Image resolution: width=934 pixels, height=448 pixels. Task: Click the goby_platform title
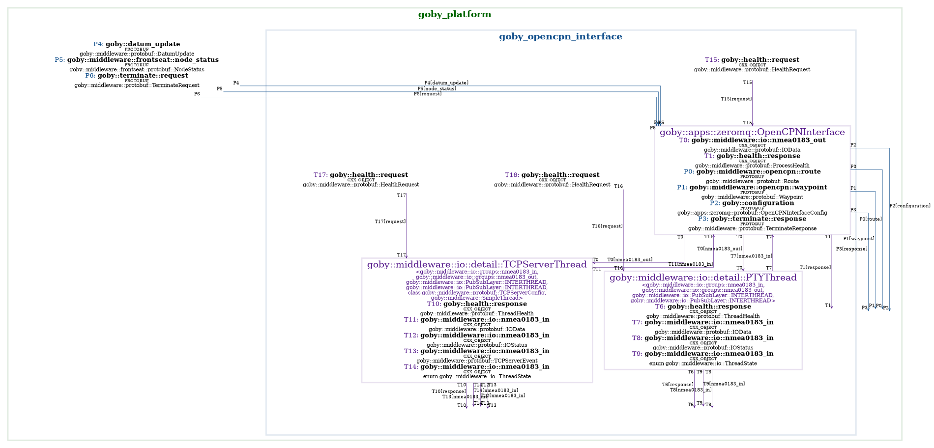[454, 15]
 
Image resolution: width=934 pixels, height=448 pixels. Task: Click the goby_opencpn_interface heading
[560, 37]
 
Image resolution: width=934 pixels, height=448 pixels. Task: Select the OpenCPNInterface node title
[752, 132]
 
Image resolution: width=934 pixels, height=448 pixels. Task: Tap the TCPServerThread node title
[477, 265]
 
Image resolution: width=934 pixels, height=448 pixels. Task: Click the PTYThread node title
[703, 278]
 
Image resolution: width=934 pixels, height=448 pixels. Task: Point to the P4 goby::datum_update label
[137, 44]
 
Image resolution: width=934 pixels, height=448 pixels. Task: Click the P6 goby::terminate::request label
[137, 76]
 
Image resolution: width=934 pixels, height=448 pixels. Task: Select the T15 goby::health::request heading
[752, 60]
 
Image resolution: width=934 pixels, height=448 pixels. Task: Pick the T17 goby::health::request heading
[361, 175]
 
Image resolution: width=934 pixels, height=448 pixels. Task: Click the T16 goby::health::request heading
[552, 175]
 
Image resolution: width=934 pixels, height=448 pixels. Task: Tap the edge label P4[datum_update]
[446, 83]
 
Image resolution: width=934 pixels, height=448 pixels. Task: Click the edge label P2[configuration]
[909, 206]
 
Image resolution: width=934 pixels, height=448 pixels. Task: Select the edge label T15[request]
[736, 99]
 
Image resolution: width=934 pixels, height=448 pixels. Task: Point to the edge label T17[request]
[390, 222]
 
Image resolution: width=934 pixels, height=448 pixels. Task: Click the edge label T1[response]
[815, 267]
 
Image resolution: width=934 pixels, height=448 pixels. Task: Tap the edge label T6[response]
[677, 385]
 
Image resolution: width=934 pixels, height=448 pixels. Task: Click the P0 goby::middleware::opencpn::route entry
[752, 171]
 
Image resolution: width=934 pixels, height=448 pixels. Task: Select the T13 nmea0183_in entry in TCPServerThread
[477, 351]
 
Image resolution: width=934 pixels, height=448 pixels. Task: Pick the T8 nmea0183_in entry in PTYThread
[703, 338]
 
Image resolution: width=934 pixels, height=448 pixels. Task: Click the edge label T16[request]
[607, 226]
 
